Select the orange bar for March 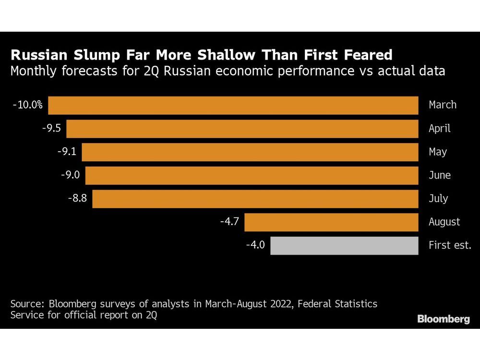[x=233, y=105]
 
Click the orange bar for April [x=242, y=129]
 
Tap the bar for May [x=250, y=152]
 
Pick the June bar [x=252, y=175]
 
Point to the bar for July [x=255, y=198]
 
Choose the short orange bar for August [x=331, y=222]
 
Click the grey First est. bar [x=344, y=245]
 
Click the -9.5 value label [x=52, y=129]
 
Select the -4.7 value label [x=229, y=222]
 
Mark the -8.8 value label [x=78, y=198]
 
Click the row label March [x=443, y=105]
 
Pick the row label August [x=444, y=222]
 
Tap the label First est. [x=450, y=245]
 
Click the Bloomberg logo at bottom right [x=444, y=319]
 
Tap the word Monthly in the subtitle [x=35, y=72]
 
